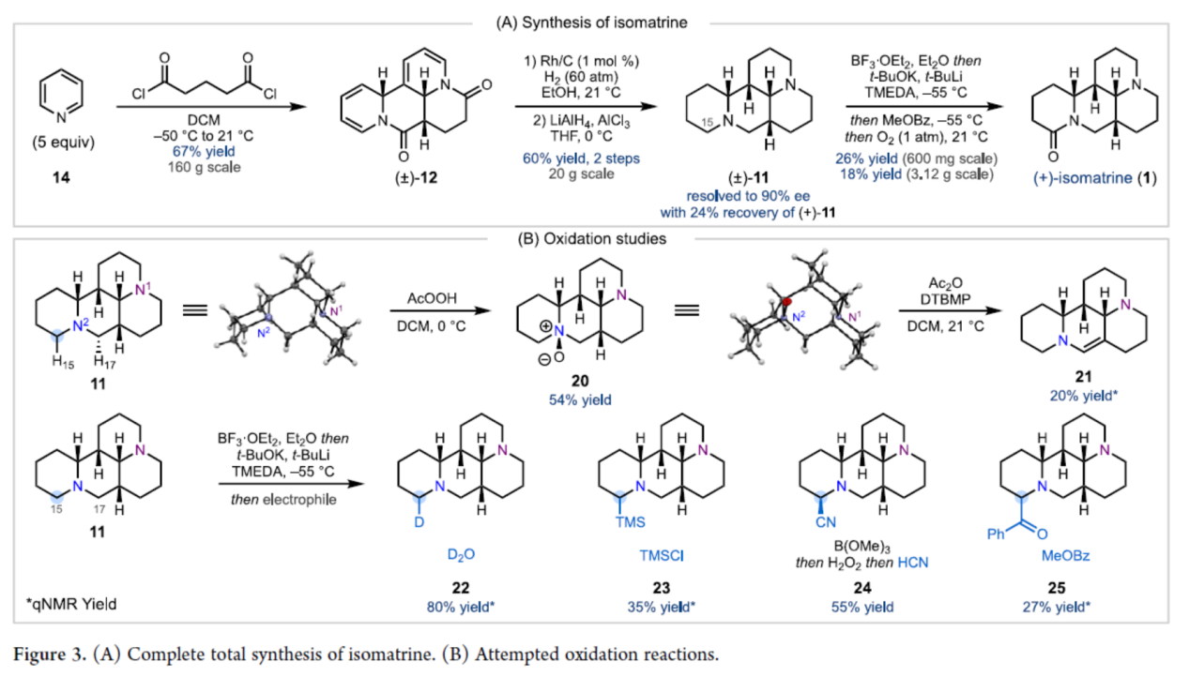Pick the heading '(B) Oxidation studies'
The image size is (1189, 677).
pos(593,239)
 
